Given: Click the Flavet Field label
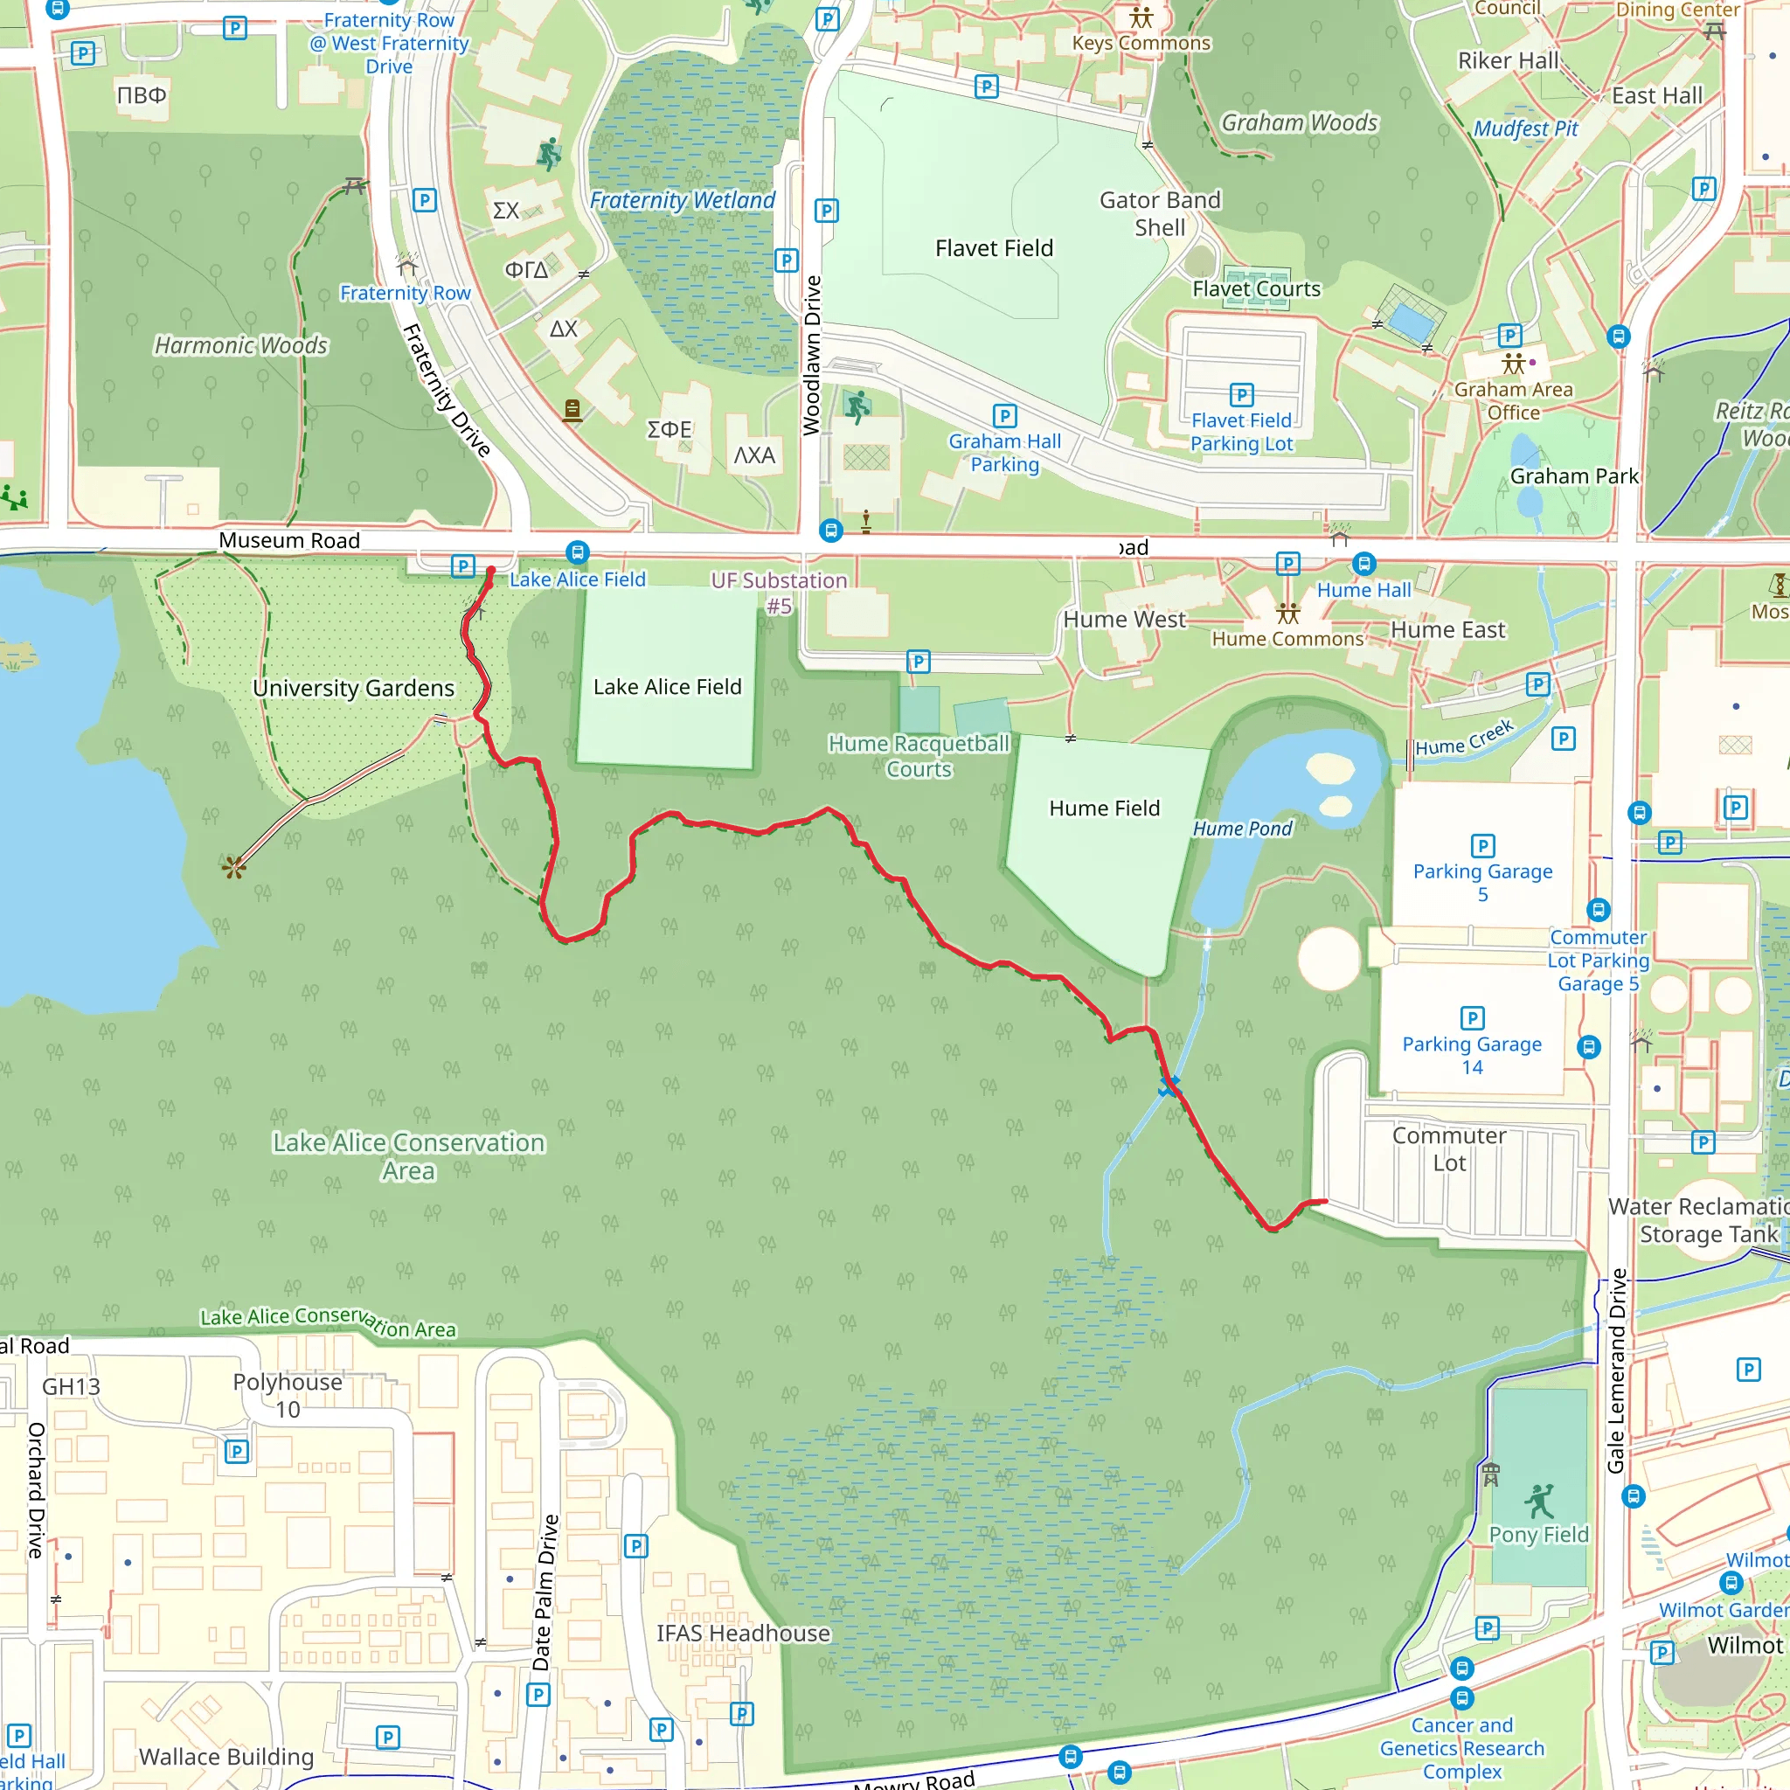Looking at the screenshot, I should (993, 248).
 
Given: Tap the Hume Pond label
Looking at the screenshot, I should (1241, 829).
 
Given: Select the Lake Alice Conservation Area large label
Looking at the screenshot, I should (407, 1155).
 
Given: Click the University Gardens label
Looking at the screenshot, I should (353, 688).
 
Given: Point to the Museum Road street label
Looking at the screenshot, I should (289, 540).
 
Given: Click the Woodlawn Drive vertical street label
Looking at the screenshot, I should (812, 355).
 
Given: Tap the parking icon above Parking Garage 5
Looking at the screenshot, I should (1481, 845).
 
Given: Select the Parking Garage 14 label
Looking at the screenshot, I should (1471, 1054).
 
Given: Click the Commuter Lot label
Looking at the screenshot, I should (1449, 1148).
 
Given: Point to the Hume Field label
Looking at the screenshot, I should (1104, 808).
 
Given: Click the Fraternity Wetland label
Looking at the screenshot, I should (682, 200).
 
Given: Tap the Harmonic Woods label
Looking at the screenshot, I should (241, 344).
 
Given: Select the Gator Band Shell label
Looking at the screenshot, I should (1159, 213).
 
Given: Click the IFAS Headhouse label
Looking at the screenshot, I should (743, 1633).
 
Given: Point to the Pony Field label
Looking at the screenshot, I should (1538, 1534).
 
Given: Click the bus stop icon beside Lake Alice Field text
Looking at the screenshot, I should (577, 553).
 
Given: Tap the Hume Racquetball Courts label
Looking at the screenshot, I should (919, 756).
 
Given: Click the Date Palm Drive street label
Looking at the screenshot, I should (545, 1592).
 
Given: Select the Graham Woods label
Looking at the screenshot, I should (1299, 122).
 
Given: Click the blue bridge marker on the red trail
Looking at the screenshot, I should (1169, 1085).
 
